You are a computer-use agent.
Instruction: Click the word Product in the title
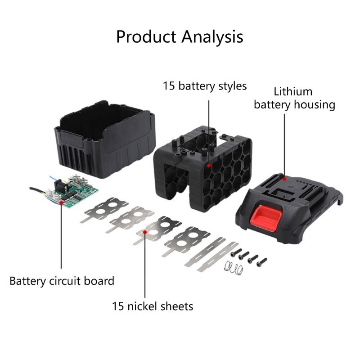coord(146,37)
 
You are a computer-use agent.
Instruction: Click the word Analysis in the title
coord(212,37)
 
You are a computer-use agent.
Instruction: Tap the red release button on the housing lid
coord(265,216)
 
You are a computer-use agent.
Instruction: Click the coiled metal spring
coord(234,268)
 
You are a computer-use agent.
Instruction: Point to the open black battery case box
coord(105,139)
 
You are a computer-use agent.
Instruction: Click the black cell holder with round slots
coord(203,168)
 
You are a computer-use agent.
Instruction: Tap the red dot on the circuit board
coord(61,202)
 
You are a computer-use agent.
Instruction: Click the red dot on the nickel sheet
coord(145,232)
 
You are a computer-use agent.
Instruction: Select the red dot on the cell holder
coord(209,165)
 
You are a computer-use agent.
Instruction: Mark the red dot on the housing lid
coord(284,179)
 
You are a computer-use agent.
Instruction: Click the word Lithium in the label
coord(293,92)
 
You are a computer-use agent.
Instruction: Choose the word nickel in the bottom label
coord(142,306)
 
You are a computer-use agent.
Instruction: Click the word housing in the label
coord(315,105)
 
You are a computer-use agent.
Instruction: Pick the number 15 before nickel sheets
coord(118,306)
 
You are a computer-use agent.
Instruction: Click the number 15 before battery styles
coord(169,86)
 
